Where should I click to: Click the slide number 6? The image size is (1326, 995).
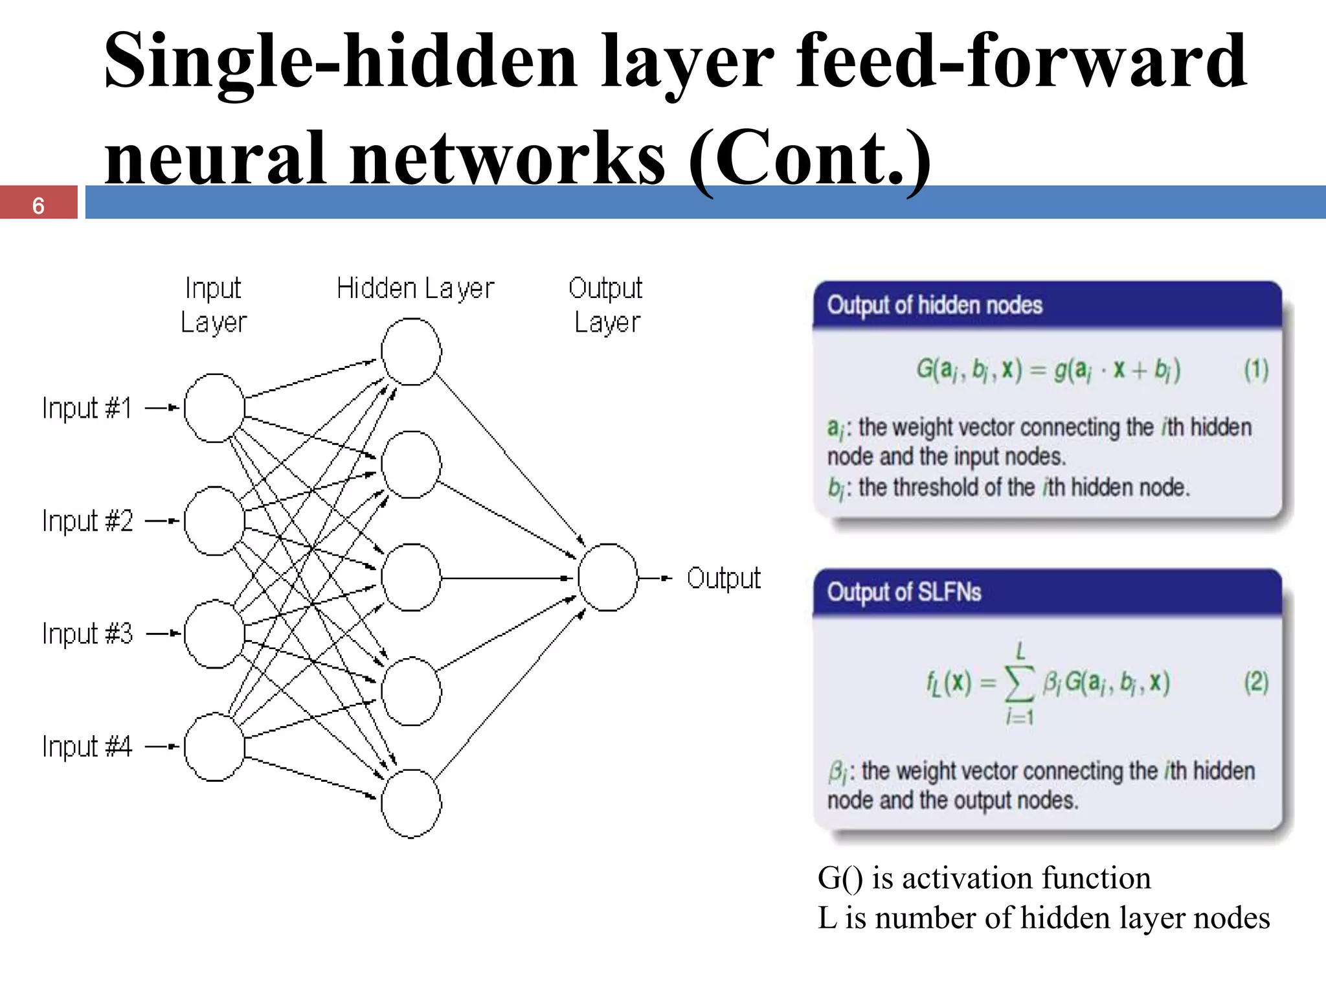tap(38, 206)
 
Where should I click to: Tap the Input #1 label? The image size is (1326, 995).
tap(87, 408)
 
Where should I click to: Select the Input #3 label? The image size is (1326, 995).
tap(87, 634)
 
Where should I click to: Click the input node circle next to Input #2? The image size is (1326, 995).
tap(214, 521)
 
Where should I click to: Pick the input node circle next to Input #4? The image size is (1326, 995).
tap(214, 747)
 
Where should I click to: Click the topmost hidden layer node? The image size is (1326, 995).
tap(411, 352)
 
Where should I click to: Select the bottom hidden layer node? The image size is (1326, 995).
tap(411, 803)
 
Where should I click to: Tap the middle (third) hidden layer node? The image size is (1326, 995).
tap(411, 577)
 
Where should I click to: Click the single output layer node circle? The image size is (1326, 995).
tap(607, 577)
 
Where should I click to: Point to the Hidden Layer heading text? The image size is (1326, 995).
tap(415, 288)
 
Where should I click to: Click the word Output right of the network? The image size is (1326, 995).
tap(723, 578)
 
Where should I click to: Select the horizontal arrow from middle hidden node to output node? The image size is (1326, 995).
tap(505, 578)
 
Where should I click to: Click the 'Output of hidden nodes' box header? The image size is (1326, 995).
tap(934, 305)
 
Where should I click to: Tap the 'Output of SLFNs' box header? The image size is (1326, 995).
tap(904, 592)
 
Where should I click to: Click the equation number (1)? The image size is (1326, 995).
tap(1256, 370)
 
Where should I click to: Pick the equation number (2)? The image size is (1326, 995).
tap(1256, 682)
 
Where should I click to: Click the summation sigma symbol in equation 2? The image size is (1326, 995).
tap(1019, 683)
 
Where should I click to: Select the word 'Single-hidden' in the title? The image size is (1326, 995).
tap(340, 62)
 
